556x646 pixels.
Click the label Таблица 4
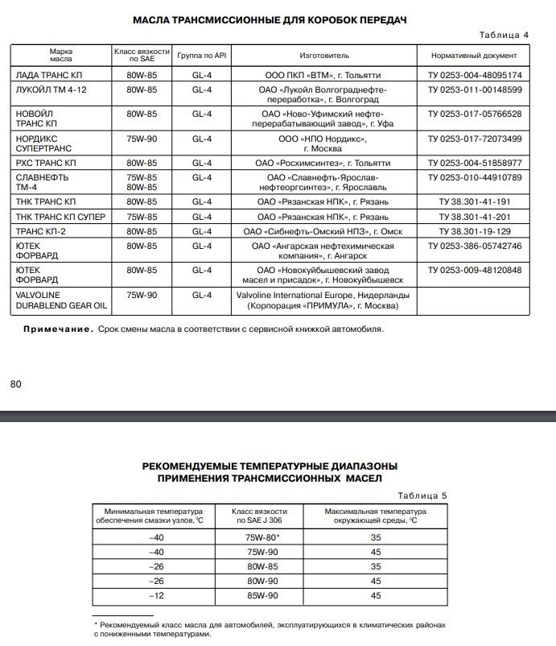(x=504, y=35)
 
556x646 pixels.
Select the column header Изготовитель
(x=324, y=56)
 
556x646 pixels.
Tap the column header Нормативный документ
(x=475, y=56)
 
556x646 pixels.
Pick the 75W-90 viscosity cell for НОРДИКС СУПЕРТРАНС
(x=141, y=139)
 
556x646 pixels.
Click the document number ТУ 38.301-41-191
(x=475, y=201)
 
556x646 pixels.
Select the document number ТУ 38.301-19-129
(x=475, y=232)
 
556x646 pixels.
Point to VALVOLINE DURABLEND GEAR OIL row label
(x=61, y=300)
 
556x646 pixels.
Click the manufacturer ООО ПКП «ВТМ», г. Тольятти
(x=324, y=75)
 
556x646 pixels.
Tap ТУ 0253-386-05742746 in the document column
(x=475, y=246)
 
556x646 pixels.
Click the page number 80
(x=15, y=384)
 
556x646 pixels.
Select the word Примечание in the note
(x=58, y=329)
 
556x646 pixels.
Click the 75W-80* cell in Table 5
(x=262, y=536)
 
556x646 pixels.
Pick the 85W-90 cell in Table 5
(x=262, y=595)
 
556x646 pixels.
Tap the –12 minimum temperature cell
(x=155, y=595)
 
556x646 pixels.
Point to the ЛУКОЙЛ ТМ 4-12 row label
(x=51, y=89)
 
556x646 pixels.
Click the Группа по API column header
(x=201, y=56)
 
